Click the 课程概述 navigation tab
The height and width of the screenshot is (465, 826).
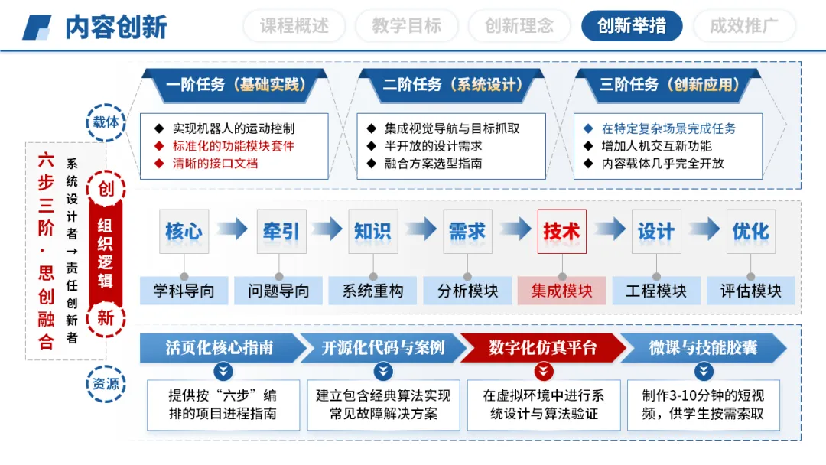click(x=294, y=26)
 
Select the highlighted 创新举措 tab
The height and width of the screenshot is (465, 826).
click(x=631, y=26)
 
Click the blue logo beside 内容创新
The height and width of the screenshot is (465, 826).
click(x=37, y=27)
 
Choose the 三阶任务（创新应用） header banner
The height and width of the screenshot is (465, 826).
click(x=668, y=85)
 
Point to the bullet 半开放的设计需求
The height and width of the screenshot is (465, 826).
click(x=433, y=146)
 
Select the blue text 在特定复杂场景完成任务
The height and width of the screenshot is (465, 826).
click(x=668, y=128)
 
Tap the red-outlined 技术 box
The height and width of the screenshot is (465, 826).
click(x=561, y=231)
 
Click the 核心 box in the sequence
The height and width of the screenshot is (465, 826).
click(x=184, y=231)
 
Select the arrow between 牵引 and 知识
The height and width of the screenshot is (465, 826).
click(x=327, y=229)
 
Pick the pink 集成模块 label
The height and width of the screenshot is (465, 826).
click(x=561, y=291)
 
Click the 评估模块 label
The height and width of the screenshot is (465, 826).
click(x=750, y=291)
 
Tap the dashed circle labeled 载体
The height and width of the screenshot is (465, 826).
click(x=106, y=122)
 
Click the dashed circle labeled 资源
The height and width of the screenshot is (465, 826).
click(x=106, y=384)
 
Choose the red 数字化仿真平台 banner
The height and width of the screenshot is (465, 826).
click(x=543, y=348)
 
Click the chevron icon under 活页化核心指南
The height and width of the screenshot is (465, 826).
click(x=223, y=372)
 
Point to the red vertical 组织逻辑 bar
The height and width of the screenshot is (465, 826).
click(x=106, y=252)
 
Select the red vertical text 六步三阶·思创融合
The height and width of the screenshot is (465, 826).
click(x=46, y=251)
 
